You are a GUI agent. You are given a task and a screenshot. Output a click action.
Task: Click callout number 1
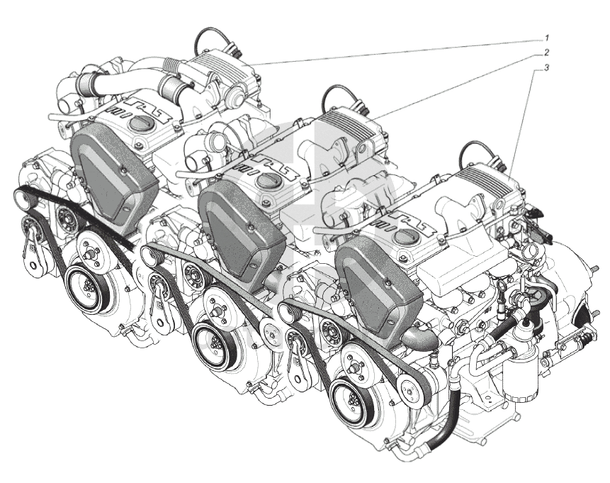(x=546, y=38)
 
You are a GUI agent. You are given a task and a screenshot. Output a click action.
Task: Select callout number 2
(x=546, y=52)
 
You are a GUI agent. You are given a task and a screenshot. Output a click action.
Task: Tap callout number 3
(x=546, y=68)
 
